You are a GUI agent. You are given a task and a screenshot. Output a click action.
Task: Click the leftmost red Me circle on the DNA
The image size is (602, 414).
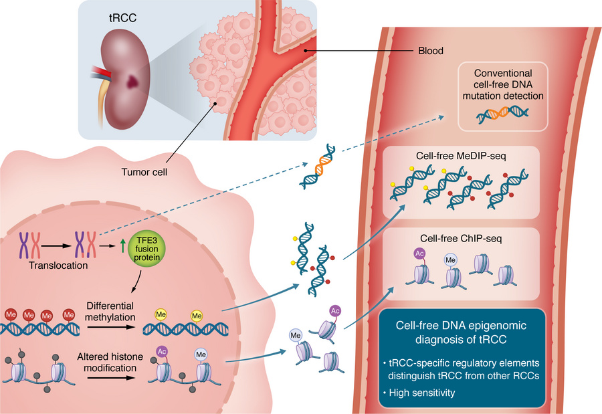pos(9,312)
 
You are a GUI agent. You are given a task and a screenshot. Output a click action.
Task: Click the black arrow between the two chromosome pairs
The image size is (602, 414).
pos(60,245)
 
